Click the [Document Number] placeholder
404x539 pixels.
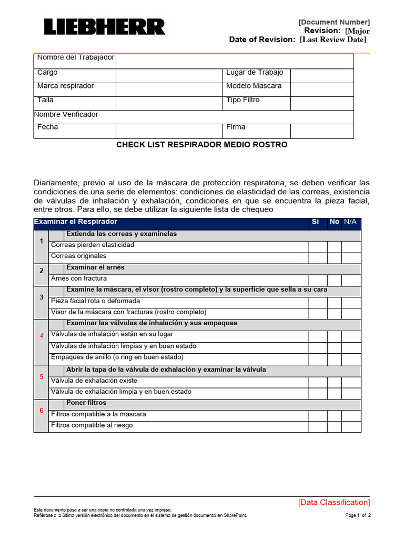(334, 22)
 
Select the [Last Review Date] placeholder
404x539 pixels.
(333, 40)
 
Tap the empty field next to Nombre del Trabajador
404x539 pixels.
(235, 61)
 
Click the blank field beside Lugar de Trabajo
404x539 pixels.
(321, 75)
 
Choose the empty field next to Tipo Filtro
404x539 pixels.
(321, 103)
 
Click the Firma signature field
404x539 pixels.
(321, 131)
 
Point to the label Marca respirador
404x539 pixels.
(66, 86)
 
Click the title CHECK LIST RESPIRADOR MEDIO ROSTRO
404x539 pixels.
(201, 145)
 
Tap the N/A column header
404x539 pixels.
(350, 222)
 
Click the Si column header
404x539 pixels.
(315, 222)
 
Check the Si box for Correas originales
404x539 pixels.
(317, 258)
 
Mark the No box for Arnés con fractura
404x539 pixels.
(334, 280)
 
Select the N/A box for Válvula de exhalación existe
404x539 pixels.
(351, 382)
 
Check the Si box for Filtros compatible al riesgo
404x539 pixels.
(317, 427)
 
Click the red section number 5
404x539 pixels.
(42, 377)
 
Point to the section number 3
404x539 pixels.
(42, 297)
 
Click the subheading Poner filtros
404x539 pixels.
(86, 403)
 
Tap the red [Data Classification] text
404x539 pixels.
(334, 503)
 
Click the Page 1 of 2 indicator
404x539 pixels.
(358, 515)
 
